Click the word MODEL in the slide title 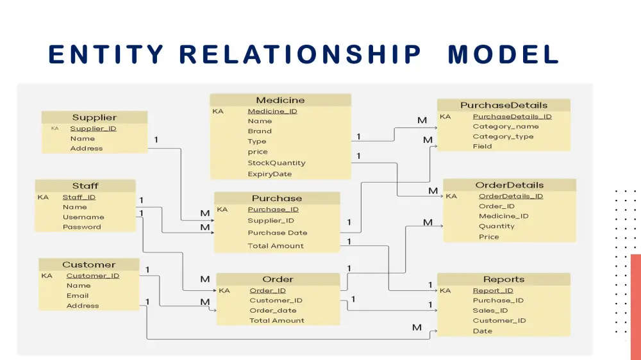pos(503,54)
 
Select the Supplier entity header pos(94,117)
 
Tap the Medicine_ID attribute pos(272,111)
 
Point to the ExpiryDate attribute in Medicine pos(269,174)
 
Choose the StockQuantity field pos(276,163)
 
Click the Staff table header pos(85,186)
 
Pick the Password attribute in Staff pos(81,227)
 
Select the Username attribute pos(83,217)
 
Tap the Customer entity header pos(88,265)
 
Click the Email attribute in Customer pos(78,296)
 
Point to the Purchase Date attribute pos(278,233)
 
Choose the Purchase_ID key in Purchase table pos(273,209)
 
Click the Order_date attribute pos(273,311)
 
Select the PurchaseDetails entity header pos(504,105)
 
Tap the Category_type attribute pos(503,136)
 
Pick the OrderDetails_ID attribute pos(510,196)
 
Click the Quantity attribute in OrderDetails pos(496,226)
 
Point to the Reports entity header pos(504,279)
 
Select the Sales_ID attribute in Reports pos(490,311)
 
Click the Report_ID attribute pos(492,290)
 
